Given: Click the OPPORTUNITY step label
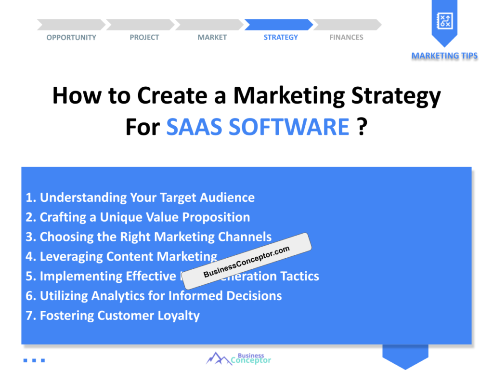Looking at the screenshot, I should click(71, 38).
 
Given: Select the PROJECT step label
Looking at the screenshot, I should click(144, 38).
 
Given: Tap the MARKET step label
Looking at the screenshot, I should click(212, 38).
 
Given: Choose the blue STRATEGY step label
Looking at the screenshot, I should click(281, 38).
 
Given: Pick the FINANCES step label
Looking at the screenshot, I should click(346, 38).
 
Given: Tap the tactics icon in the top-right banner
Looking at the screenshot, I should click(444, 20).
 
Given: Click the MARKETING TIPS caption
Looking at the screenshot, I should click(444, 56).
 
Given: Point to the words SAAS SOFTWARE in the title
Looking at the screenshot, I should click(258, 127).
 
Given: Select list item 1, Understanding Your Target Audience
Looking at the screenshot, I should click(140, 198).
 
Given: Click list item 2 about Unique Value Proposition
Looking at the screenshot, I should click(138, 217).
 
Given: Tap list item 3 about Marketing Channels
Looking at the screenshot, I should click(148, 237).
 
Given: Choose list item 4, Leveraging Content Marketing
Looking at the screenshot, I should click(121, 257).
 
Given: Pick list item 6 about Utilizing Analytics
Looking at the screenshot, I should click(154, 296).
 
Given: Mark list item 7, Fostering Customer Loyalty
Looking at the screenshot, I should click(113, 316).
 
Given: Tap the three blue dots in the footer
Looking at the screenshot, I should click(34, 360).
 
